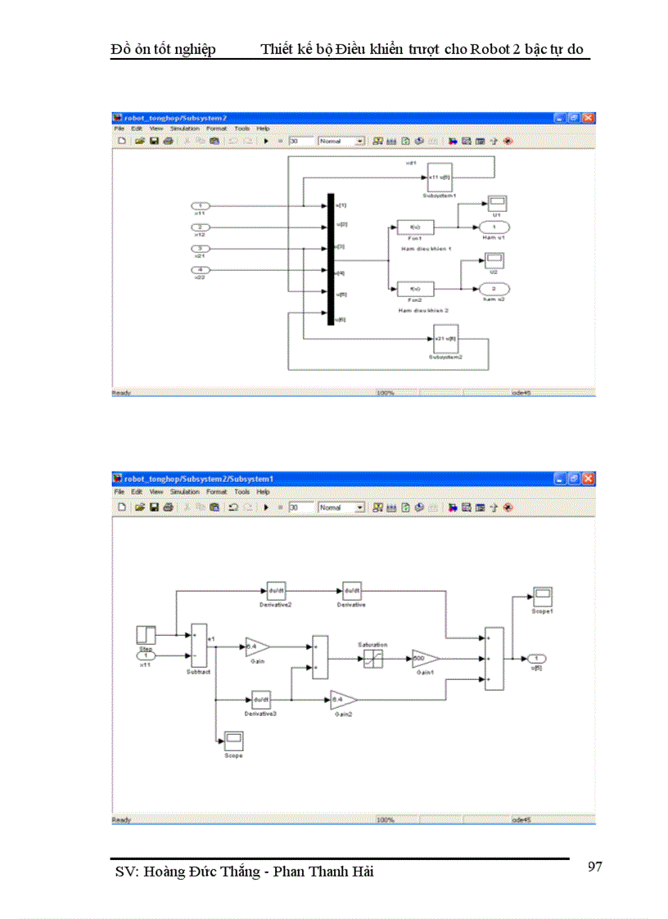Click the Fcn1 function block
414,227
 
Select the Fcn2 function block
414,288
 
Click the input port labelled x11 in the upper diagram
200,205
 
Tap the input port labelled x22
200,270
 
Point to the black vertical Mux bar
331,259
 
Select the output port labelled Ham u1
494,227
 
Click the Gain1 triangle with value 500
423,659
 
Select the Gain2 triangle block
341,699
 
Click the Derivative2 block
274,590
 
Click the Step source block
145,634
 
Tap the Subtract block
198,646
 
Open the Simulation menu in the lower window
184,492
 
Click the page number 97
595,867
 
